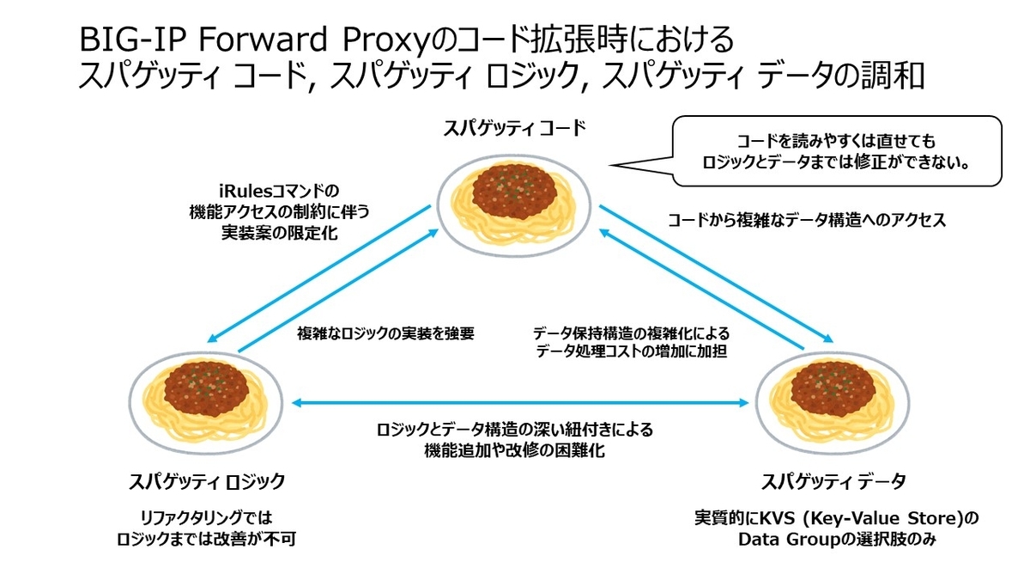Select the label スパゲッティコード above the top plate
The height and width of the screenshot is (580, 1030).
pos(515,129)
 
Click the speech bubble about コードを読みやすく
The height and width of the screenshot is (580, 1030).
pos(836,151)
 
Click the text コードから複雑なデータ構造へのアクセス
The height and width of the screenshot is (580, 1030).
pos(807,220)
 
